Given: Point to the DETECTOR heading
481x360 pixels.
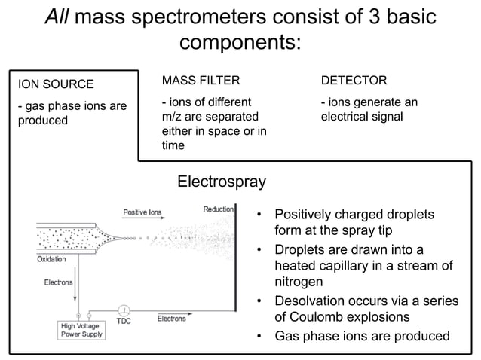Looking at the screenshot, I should point(354,79).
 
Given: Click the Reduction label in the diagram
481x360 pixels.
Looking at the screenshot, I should point(218,209).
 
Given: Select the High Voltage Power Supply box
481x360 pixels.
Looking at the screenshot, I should point(83,330).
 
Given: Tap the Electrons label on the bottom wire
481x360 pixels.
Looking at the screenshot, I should point(171,319).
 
